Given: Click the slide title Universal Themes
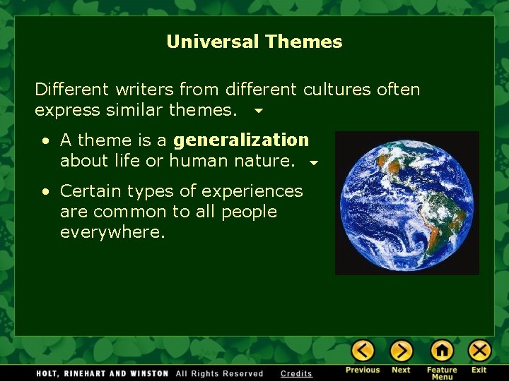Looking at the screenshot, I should point(254,42).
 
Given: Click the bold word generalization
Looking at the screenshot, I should point(241,140).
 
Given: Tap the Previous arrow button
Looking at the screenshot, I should point(363,351).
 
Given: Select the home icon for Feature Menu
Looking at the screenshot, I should point(442,351).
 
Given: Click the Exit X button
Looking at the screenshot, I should point(479,351).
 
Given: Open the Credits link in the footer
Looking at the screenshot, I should point(296,373).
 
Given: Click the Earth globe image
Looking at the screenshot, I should point(406,202).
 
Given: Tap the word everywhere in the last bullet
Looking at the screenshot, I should point(112,232).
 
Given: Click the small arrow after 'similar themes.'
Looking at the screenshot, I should point(257,111).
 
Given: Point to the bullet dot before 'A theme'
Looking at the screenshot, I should point(45,141).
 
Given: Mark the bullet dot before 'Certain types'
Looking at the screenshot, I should point(45,191).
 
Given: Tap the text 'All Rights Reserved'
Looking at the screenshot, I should point(219,373).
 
